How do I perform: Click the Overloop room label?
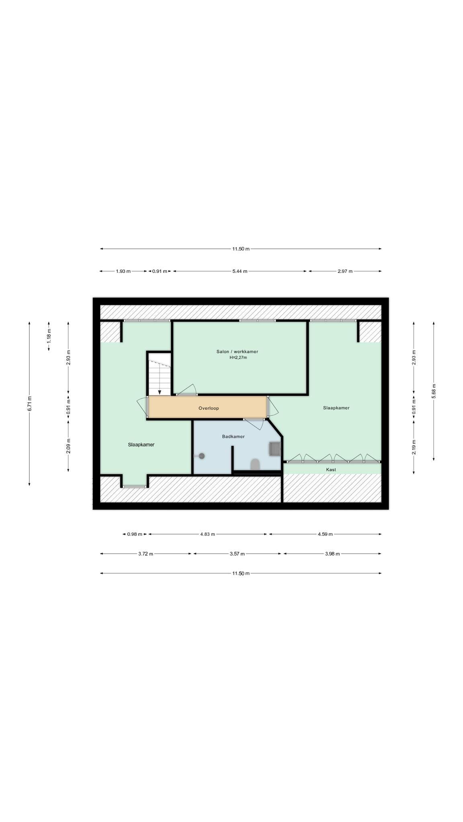209,408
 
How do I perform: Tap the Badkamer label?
234,436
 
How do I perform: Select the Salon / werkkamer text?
237,352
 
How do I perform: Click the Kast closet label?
331,469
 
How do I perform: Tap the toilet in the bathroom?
255,464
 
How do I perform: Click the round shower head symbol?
202,456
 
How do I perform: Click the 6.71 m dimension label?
29,403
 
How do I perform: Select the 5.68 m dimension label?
434,391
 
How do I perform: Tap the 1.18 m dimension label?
49,336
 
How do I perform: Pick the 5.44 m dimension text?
240,271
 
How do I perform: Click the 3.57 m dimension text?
237,554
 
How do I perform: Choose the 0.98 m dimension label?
135,534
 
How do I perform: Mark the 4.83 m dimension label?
207,534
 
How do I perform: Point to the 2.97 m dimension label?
345,271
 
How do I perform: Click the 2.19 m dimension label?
414,447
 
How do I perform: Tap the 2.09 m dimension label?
68,446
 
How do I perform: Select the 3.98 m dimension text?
332,554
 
